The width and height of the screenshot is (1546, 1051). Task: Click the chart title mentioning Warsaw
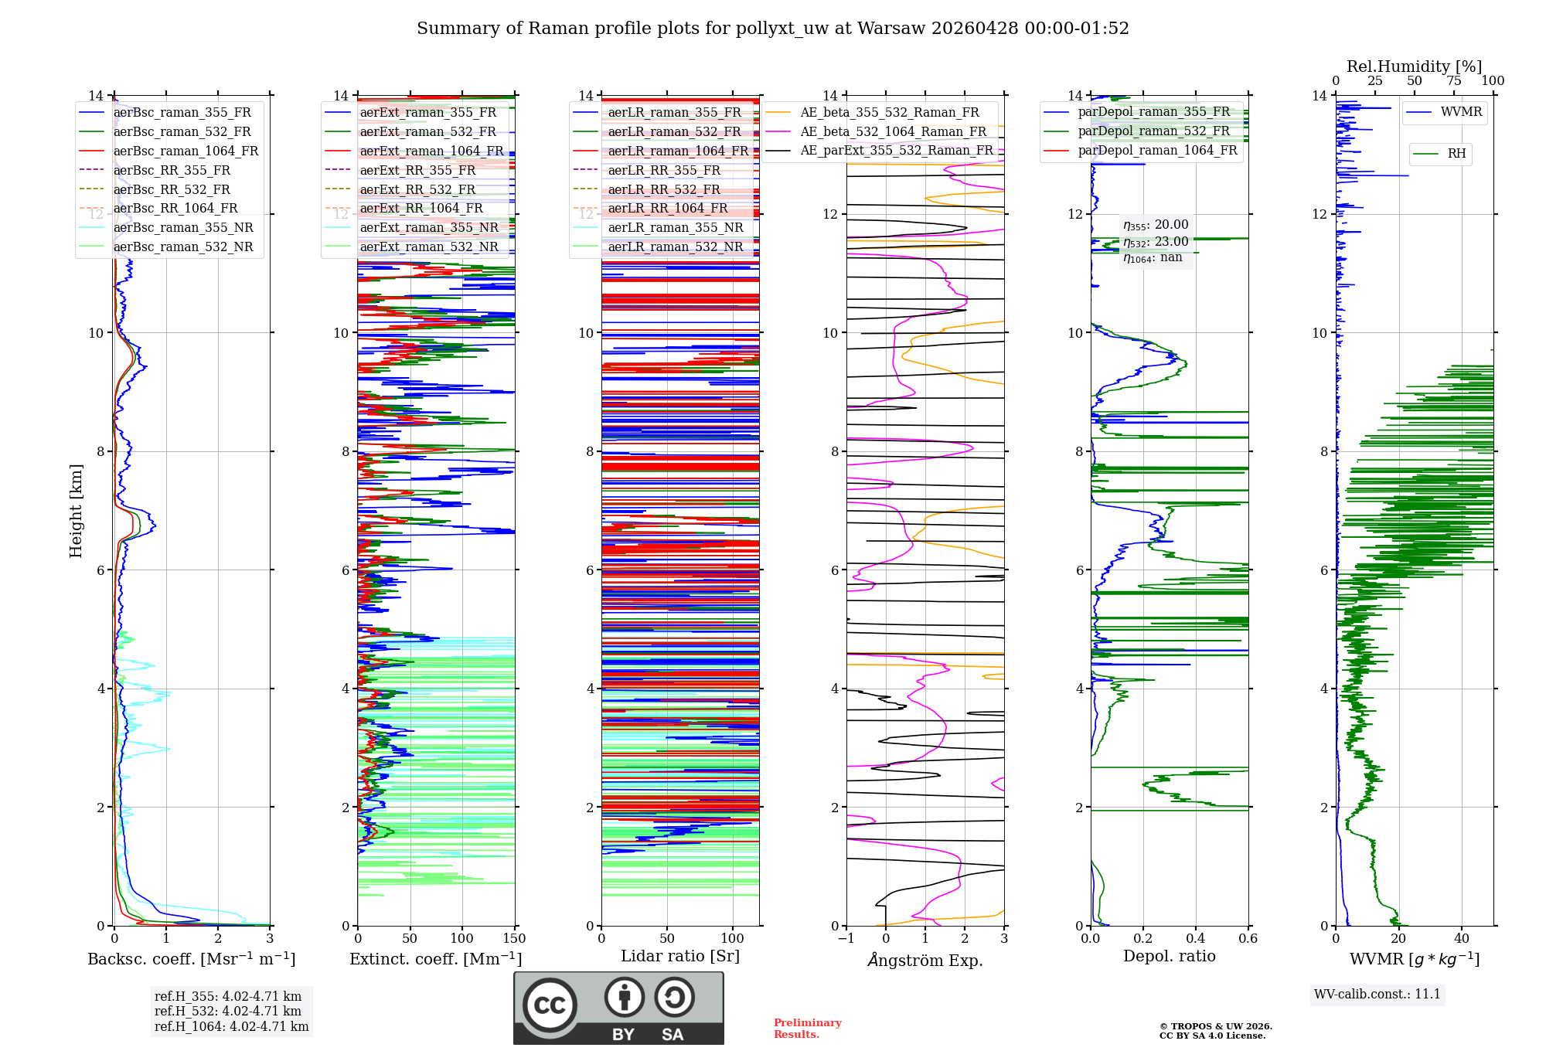click(773, 29)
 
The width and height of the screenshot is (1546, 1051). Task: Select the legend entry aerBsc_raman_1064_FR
click(186, 151)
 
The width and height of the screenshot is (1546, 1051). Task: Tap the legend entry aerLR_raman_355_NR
click(675, 228)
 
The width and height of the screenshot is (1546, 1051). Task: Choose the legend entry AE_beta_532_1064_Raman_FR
click(893, 132)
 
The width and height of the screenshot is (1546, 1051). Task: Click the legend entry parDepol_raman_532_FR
click(1153, 131)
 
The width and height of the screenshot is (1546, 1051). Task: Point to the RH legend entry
click(1456, 154)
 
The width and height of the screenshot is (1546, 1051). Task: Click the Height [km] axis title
click(76, 510)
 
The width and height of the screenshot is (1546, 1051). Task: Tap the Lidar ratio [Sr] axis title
click(680, 956)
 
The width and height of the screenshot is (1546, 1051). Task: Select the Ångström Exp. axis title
click(925, 960)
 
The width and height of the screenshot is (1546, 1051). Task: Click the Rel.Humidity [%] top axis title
click(1414, 66)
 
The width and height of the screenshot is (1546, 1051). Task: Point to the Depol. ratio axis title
click(1169, 956)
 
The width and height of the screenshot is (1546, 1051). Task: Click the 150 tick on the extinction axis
click(514, 939)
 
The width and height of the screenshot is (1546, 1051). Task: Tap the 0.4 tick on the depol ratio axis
click(1195, 939)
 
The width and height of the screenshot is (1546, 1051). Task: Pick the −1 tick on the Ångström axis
click(846, 939)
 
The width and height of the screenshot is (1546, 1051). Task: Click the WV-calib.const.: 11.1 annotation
click(1377, 994)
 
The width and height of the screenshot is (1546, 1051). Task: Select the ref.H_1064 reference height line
click(231, 1027)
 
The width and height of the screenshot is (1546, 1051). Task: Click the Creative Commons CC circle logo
click(550, 1005)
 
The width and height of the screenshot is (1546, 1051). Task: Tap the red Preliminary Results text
click(807, 1029)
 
